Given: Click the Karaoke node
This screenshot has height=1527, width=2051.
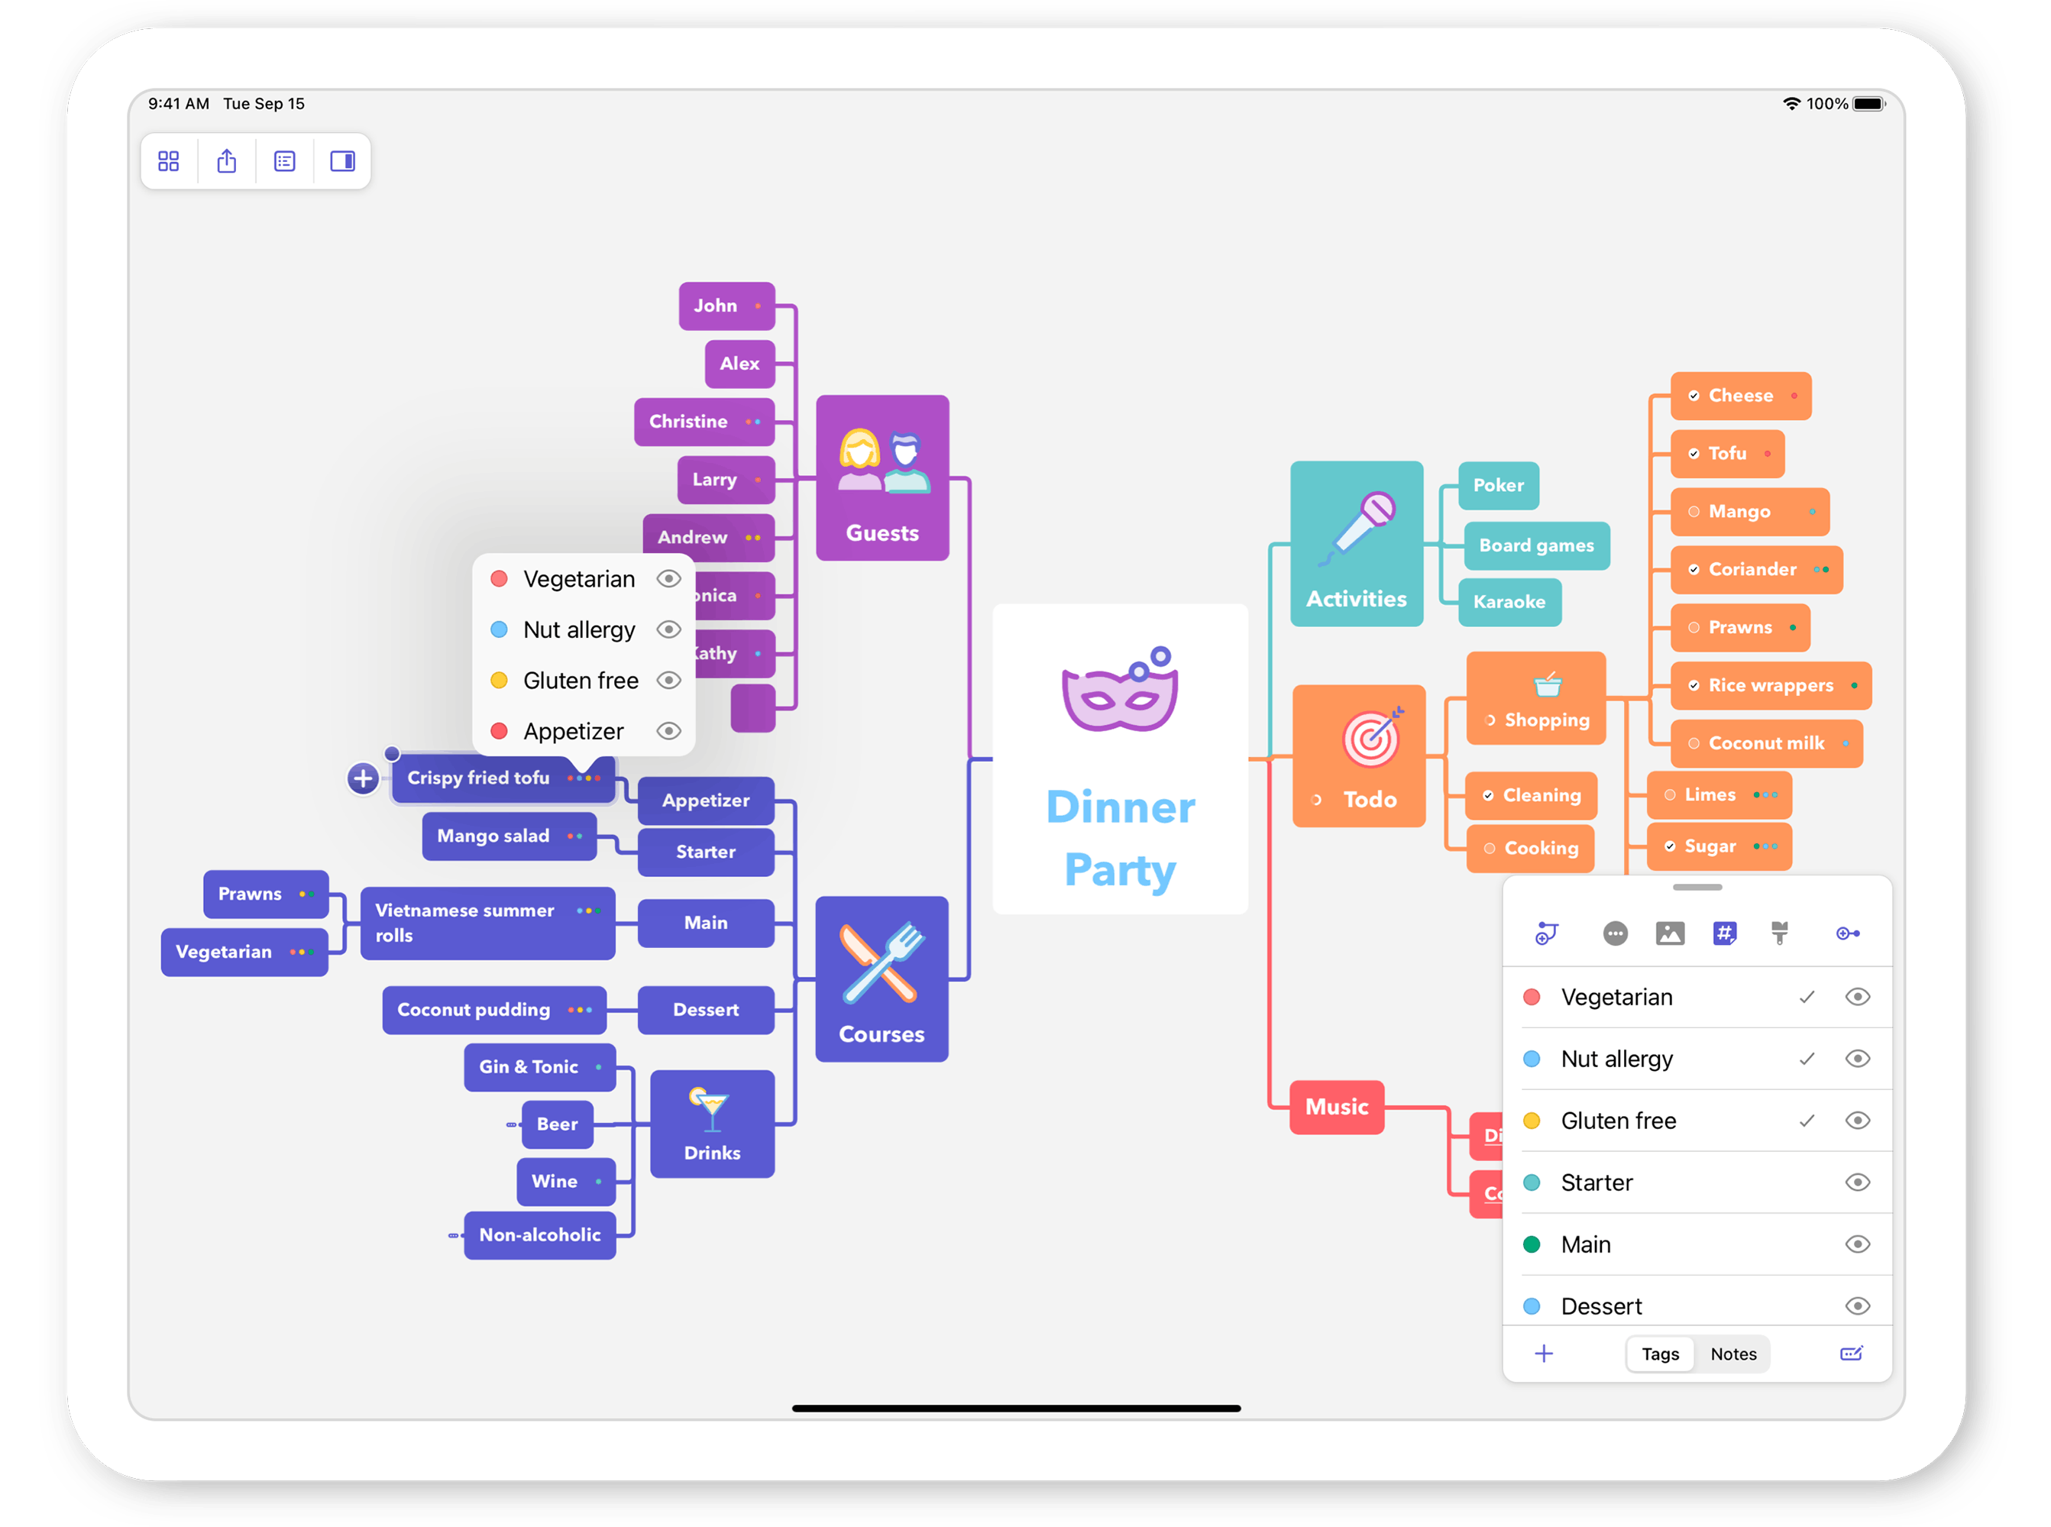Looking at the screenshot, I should [x=1509, y=602].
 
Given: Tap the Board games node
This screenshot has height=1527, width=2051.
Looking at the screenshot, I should [x=1535, y=545].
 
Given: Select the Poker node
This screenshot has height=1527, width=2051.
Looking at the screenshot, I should [x=1497, y=485].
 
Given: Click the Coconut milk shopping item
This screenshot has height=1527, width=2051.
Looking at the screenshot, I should [x=1765, y=743].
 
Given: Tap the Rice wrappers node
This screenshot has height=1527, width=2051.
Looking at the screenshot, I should [x=1769, y=685].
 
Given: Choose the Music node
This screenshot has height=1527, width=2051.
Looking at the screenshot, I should [x=1337, y=1106].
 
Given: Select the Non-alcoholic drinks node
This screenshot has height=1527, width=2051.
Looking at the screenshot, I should [x=540, y=1235].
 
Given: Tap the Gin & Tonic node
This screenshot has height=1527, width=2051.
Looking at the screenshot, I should [x=529, y=1066].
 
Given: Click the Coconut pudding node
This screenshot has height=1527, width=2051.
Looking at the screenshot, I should [x=474, y=1009].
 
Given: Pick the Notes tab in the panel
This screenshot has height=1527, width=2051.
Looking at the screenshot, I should [x=1733, y=1354].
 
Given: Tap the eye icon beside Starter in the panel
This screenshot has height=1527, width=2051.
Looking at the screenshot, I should [x=1858, y=1182].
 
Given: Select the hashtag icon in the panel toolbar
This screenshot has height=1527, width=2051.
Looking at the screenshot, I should [x=1725, y=933].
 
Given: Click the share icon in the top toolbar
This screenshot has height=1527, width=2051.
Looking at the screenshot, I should [x=226, y=162].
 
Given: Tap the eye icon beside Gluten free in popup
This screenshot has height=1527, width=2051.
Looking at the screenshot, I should [x=668, y=681].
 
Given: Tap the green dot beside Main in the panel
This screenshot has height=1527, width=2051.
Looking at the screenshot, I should [x=1532, y=1244].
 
